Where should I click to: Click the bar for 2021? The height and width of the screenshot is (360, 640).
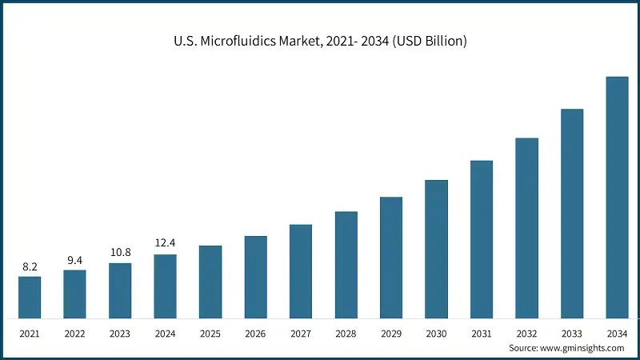pyautogui.click(x=30, y=297)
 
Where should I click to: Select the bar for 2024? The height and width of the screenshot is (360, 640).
pyautogui.click(x=165, y=286)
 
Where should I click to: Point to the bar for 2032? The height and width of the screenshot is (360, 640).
pyautogui.click(x=526, y=227)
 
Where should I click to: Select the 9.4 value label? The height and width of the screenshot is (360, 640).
pyautogui.click(x=74, y=260)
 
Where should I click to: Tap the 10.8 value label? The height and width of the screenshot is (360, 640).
pyautogui.click(x=120, y=253)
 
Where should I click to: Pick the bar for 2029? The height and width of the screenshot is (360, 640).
pyautogui.click(x=391, y=257)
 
